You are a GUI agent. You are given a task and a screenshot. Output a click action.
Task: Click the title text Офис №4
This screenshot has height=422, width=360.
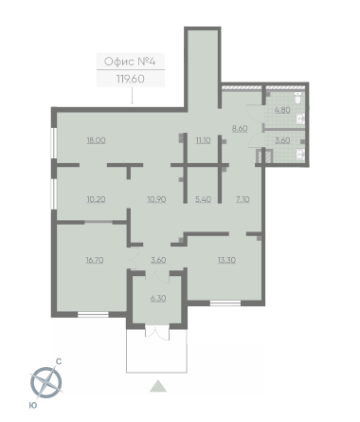(x=130, y=62)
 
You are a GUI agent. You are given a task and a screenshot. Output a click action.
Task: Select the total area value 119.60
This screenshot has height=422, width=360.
(x=131, y=79)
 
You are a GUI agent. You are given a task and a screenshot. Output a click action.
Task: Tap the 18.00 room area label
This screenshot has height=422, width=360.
(x=96, y=140)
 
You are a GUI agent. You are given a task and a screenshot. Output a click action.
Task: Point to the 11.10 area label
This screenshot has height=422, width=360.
(x=203, y=140)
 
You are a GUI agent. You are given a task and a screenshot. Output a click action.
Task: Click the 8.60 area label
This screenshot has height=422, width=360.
(x=240, y=129)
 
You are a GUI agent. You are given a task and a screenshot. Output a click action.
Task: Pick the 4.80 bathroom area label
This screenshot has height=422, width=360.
(x=282, y=110)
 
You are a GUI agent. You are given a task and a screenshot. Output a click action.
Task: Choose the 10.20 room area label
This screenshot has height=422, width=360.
(x=96, y=199)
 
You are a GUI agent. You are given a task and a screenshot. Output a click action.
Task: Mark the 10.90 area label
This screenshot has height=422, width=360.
(x=156, y=199)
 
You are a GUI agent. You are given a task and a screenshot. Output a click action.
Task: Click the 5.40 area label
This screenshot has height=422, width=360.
(x=203, y=199)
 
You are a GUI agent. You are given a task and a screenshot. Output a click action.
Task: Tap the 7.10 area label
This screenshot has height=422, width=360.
(x=243, y=199)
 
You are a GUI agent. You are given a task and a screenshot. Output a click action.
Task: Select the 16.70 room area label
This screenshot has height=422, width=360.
(x=95, y=260)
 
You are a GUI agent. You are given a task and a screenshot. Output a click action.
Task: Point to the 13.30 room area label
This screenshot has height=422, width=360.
(x=226, y=260)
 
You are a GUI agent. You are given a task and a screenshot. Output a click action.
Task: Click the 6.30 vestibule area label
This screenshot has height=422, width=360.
(x=158, y=299)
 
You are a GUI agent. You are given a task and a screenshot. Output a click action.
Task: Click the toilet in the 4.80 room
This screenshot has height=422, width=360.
(x=297, y=98)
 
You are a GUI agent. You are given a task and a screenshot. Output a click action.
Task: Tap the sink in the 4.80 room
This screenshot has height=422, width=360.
(x=300, y=119)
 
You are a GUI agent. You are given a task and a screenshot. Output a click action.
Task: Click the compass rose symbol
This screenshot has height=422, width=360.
(x=46, y=383)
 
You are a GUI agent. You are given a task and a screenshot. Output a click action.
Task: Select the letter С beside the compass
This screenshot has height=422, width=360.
(x=59, y=361)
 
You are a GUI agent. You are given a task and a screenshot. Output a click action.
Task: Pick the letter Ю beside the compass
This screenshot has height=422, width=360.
(x=33, y=405)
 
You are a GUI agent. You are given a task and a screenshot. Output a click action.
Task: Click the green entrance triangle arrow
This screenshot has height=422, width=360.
(x=158, y=386)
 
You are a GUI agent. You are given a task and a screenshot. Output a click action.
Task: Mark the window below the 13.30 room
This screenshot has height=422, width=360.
(x=225, y=303)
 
